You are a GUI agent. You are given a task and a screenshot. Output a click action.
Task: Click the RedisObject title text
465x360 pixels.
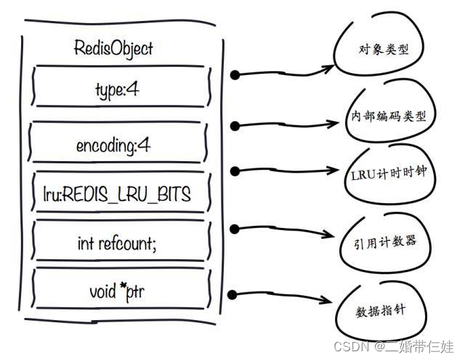click(113, 49)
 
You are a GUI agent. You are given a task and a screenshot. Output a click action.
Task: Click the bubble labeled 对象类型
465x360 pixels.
click(379, 52)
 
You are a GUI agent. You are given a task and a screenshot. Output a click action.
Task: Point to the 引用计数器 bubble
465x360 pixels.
click(381, 239)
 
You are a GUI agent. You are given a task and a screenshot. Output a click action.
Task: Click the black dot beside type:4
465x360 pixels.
click(234, 74)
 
